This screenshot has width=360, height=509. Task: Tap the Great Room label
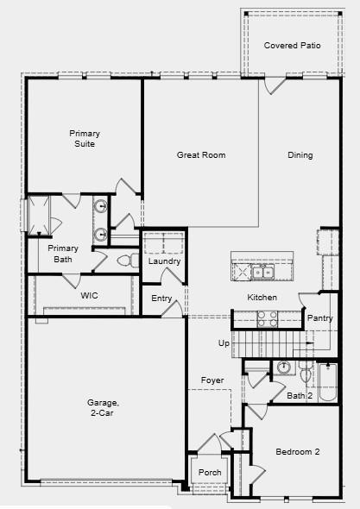[201, 155]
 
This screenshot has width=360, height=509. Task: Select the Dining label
[300, 155]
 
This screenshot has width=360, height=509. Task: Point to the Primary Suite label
[85, 138]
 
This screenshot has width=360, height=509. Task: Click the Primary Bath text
[63, 254]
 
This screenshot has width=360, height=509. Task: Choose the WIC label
[90, 295]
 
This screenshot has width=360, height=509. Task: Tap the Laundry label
[163, 261]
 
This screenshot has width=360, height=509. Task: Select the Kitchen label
[262, 298]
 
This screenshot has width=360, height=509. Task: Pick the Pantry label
[319, 318]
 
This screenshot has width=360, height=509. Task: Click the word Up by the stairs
[224, 343]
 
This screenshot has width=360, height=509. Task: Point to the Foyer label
[212, 380]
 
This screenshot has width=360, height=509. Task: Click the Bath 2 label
[300, 395]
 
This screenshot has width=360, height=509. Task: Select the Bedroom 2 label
[298, 451]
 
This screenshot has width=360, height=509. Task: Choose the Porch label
[210, 472]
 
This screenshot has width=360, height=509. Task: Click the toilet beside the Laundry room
[126, 260]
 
